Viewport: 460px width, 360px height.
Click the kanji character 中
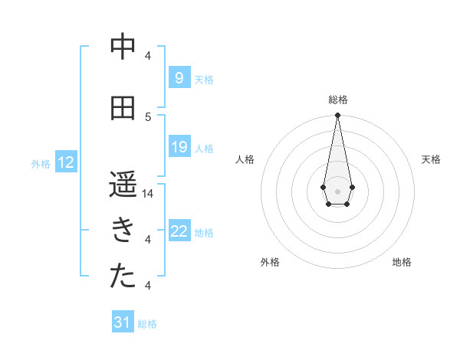[123, 47]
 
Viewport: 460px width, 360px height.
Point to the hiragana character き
[123, 231]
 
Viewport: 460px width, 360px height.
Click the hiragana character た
[123, 277]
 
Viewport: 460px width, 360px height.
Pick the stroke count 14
[149, 193]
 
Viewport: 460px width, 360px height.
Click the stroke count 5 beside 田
[149, 116]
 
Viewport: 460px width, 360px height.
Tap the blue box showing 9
[179, 78]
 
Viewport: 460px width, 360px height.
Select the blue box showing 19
[179, 147]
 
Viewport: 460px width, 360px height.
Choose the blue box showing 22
[179, 231]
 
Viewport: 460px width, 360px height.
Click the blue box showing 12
[66, 162]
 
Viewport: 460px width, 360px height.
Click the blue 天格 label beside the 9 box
[204, 79]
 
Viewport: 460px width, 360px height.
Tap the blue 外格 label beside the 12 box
[41, 163]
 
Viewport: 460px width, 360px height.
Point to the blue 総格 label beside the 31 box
[147, 323]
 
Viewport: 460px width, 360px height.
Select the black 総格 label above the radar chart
[337, 100]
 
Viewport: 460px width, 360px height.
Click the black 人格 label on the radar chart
[245, 159]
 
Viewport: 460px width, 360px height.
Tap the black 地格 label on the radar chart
[402, 262]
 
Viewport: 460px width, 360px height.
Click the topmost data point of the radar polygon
[337, 116]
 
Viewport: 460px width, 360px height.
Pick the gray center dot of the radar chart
[337, 190]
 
